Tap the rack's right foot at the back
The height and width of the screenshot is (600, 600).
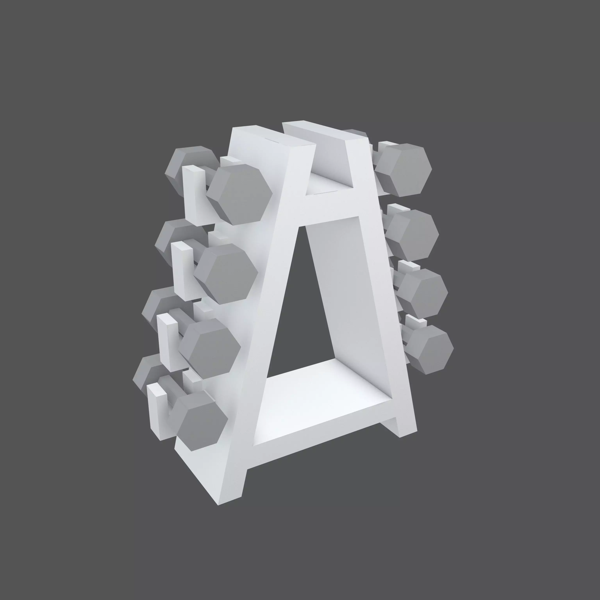point(404,425)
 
